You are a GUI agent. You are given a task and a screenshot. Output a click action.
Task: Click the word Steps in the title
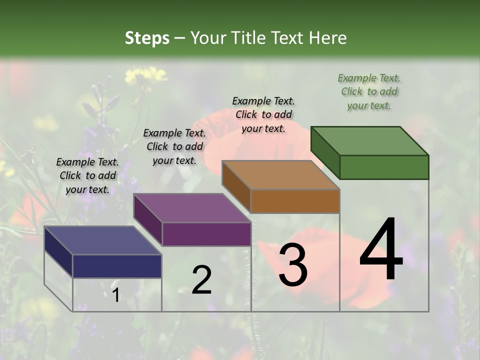coord(147,38)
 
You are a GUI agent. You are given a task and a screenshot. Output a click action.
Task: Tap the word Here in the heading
coord(328,38)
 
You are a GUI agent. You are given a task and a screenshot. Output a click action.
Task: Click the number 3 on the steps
coord(292,265)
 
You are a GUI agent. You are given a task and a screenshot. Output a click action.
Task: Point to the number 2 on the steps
coord(201,280)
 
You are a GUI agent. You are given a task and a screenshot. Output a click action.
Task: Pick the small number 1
coord(115,295)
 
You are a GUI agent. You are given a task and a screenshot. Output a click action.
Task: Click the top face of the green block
coord(370,140)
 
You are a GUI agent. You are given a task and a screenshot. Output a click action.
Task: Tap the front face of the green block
coord(384,167)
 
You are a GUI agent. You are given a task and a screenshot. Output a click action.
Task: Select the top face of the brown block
coord(281,175)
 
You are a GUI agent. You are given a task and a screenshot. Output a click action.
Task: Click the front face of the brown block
coord(295,201)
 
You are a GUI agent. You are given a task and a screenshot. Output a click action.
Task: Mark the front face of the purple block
coord(206,234)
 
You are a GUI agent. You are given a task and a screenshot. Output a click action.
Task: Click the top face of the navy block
coord(102,240)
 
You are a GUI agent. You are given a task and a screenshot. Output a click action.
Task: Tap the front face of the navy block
coord(117,266)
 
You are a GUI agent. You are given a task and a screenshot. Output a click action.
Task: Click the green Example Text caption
coord(369,91)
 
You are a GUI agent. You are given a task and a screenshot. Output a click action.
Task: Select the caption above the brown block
coord(263,114)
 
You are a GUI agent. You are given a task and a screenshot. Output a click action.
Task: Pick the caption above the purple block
coord(174,146)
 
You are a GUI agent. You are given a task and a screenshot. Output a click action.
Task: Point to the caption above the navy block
coord(87,175)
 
